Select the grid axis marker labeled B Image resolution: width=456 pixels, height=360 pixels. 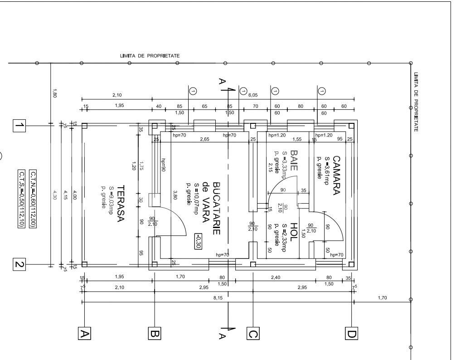155,334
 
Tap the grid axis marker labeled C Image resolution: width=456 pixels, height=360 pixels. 252,334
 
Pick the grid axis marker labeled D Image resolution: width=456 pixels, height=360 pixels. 352,334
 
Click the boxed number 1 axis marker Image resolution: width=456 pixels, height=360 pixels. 19,125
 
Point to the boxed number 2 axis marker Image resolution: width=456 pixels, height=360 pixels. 19,264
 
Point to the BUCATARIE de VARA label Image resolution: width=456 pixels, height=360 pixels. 211,208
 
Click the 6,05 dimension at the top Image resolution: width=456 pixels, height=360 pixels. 253,95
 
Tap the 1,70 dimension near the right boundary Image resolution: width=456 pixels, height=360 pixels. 382,298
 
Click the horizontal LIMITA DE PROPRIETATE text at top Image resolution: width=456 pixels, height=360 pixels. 150,56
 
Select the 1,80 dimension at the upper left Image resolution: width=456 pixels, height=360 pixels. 54,94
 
